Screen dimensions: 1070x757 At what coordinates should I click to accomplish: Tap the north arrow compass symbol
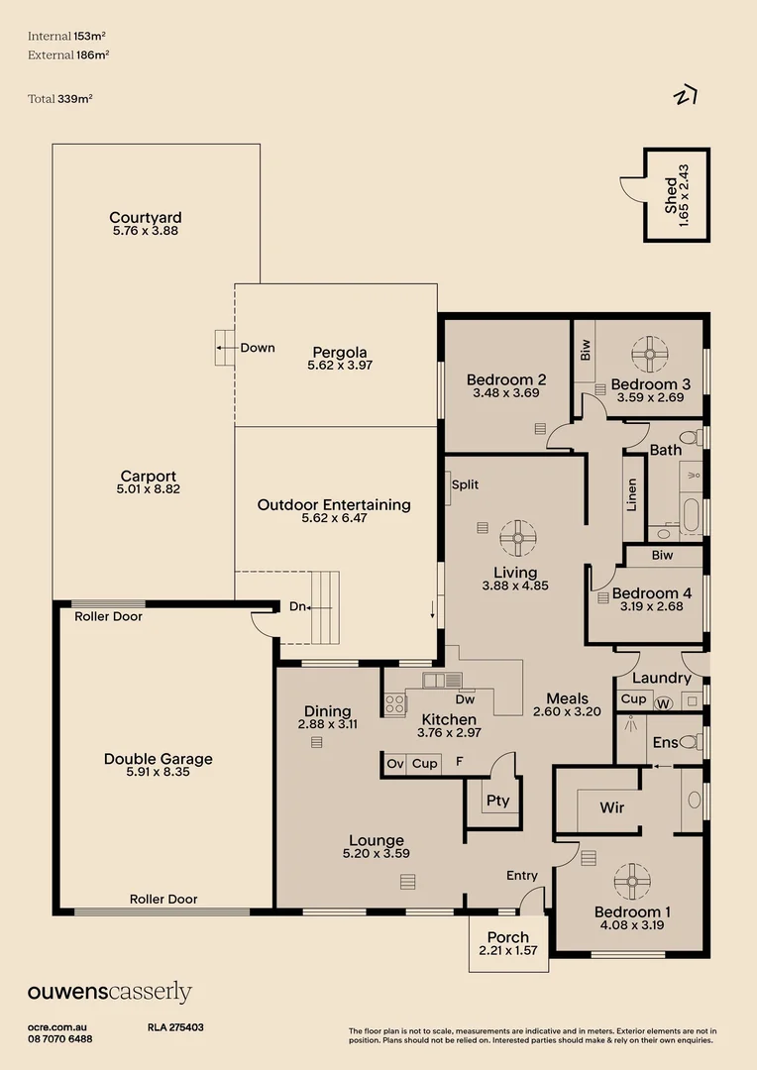point(685,96)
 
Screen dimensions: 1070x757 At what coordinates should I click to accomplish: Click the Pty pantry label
point(497,801)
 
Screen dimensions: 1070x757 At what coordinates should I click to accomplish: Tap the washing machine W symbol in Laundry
point(664,701)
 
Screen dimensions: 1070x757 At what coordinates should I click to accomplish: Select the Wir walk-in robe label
point(612,807)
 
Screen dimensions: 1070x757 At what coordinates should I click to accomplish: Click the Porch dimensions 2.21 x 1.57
point(508,951)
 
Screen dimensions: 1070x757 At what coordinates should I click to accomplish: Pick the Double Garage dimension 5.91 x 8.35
point(159,772)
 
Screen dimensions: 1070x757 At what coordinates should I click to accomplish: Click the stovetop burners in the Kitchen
point(394,703)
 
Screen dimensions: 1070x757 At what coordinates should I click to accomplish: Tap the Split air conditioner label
point(465,484)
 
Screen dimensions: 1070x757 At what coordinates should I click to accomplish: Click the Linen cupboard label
point(632,494)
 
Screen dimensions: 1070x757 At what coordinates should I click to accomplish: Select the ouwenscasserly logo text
point(109,992)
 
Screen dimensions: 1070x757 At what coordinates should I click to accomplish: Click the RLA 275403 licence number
point(175,1028)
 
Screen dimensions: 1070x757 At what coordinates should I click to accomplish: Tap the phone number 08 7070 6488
point(60,1039)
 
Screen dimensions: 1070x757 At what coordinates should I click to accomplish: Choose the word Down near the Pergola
point(258,348)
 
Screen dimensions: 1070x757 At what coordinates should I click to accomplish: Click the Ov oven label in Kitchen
point(395,764)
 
